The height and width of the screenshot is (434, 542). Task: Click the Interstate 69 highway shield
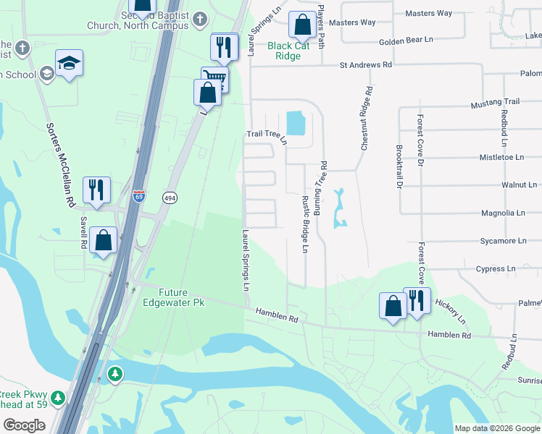[x=139, y=196]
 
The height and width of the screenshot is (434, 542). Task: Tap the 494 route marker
[x=169, y=197]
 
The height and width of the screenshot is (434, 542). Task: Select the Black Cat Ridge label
[x=293, y=51]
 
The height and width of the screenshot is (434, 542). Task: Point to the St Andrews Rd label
[x=366, y=65]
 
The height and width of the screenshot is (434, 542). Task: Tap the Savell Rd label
[x=84, y=234]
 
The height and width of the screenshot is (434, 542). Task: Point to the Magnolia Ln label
[x=503, y=213]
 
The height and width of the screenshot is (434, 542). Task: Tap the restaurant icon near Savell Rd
[x=96, y=191]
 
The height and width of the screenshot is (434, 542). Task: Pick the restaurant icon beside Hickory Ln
[x=417, y=300]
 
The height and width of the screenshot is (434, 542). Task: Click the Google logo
[x=24, y=425]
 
